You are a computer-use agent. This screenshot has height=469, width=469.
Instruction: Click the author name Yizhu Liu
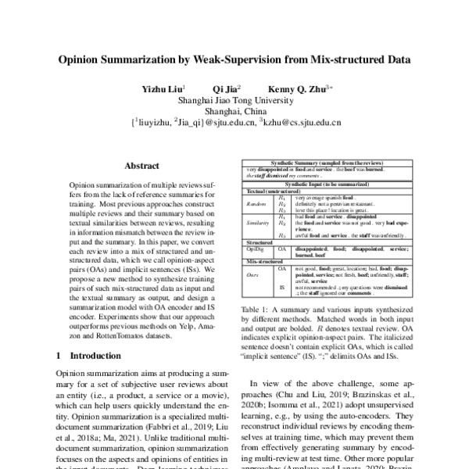[163, 89]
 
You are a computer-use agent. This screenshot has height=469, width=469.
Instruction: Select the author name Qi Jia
[227, 89]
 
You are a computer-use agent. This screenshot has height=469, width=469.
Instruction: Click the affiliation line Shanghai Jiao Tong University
[234, 101]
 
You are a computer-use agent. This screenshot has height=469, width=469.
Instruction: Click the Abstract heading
[141, 166]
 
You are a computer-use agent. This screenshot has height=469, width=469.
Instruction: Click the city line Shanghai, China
[234, 112]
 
